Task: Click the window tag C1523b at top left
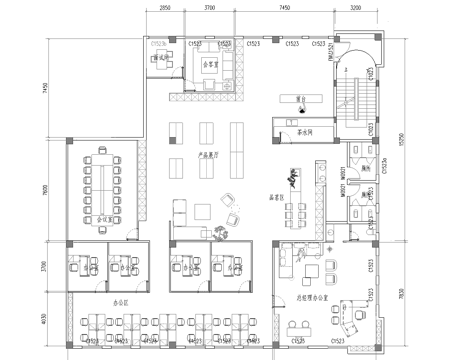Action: click(x=158, y=45)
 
